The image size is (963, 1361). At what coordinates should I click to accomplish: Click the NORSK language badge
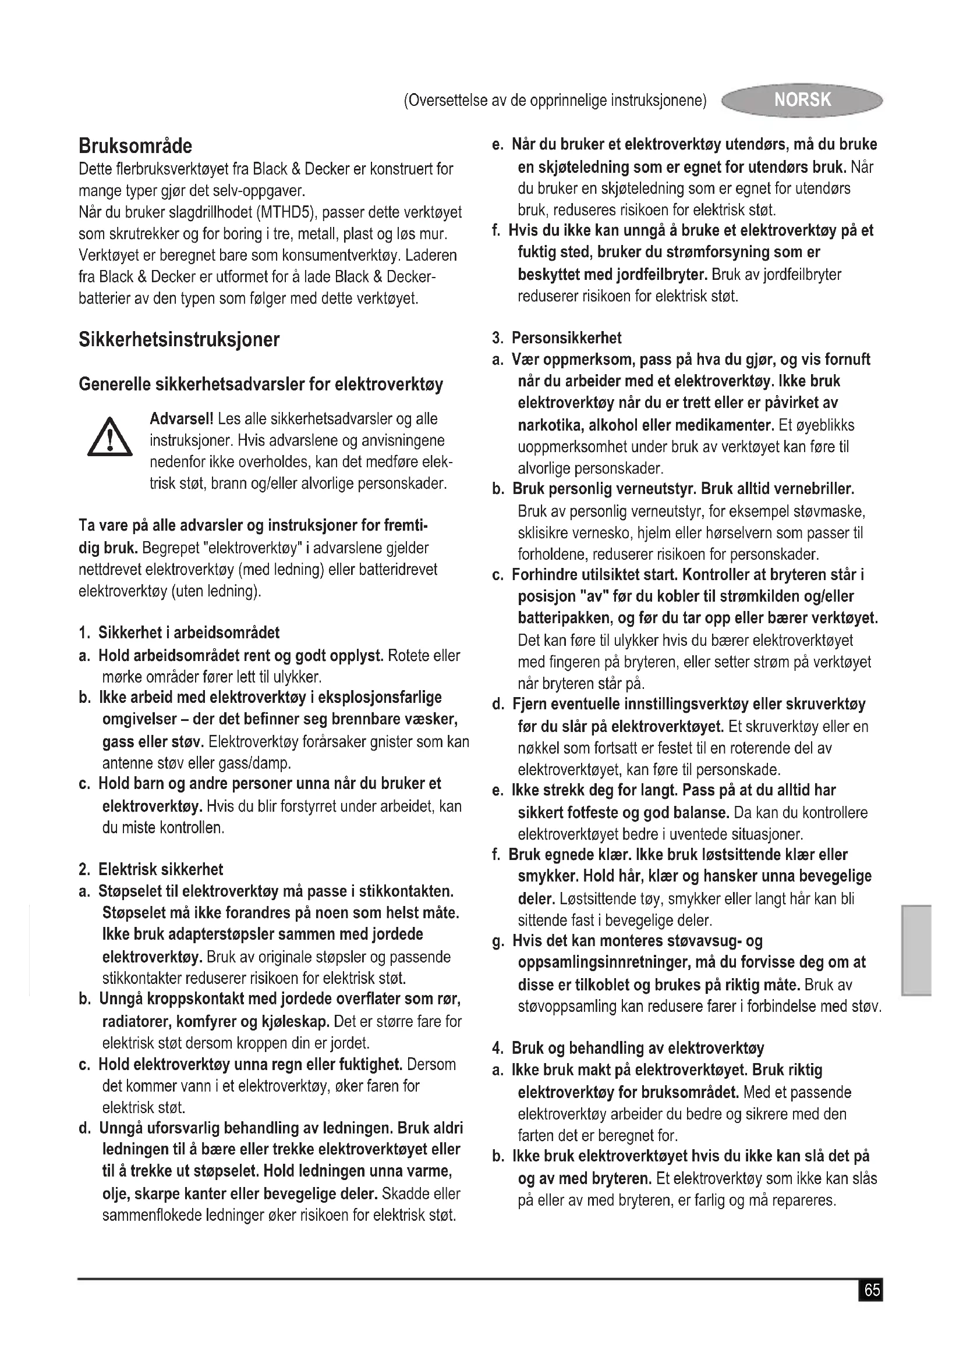pyautogui.click(x=802, y=100)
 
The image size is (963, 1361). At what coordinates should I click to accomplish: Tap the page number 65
pyautogui.click(x=871, y=1291)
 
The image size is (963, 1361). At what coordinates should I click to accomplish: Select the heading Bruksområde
pyautogui.click(x=135, y=146)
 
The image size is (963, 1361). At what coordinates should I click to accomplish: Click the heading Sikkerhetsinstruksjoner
pyautogui.click(x=179, y=340)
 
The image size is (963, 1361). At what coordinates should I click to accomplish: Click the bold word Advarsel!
pyautogui.click(x=182, y=419)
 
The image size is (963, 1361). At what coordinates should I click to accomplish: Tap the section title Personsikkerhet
pyautogui.click(x=567, y=338)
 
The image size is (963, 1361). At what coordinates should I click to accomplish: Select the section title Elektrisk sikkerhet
pyautogui.click(x=161, y=869)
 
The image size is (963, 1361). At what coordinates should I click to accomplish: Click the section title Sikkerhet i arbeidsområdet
pyautogui.click(x=189, y=633)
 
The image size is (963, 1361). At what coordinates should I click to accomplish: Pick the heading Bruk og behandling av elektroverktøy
pyautogui.click(x=638, y=1048)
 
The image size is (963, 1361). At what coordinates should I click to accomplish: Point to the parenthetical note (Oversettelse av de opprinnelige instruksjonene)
pyautogui.click(x=555, y=101)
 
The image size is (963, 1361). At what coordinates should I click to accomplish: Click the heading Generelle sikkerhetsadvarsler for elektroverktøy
pyautogui.click(x=261, y=385)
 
